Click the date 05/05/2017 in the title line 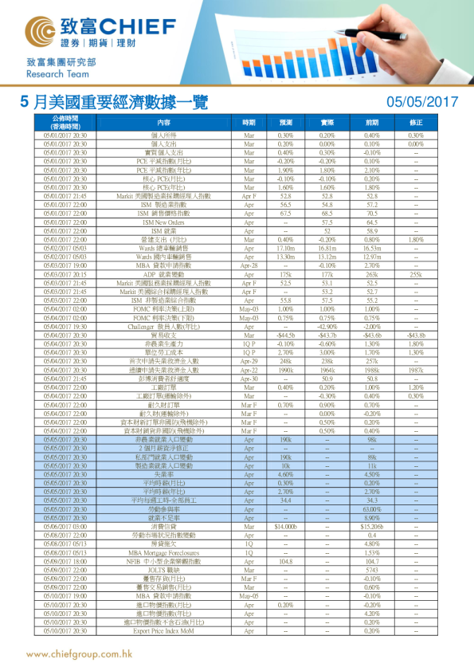click(421, 102)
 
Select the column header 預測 click(286, 123)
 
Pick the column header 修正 click(415, 123)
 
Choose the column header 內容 click(164, 123)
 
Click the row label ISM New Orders click(164, 222)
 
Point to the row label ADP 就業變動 click(164, 273)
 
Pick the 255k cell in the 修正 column click(415, 273)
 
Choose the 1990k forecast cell click(286, 370)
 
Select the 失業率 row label click(164, 475)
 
